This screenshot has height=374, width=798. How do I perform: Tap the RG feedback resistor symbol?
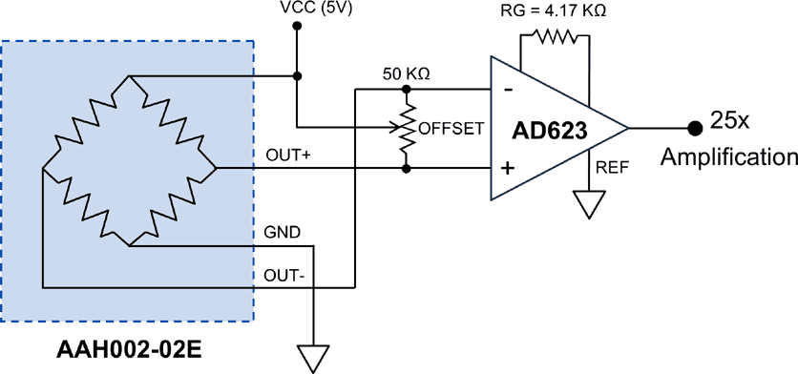tap(554, 38)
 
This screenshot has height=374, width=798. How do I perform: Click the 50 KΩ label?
tap(406, 73)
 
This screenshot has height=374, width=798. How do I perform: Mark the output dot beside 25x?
tap(694, 127)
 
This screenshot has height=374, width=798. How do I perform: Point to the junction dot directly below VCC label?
tap(297, 28)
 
